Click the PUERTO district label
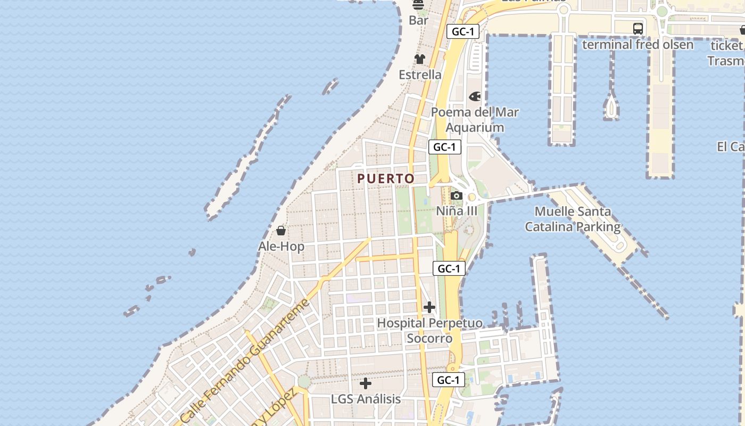click(386, 179)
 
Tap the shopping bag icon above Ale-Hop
click(281, 231)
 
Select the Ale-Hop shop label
click(281, 247)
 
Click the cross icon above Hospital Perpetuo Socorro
click(429, 307)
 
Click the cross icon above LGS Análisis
click(366, 383)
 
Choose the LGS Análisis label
click(366, 399)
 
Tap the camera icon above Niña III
click(457, 195)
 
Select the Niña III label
click(457, 211)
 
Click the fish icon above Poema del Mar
click(474, 96)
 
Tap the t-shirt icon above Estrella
click(420, 59)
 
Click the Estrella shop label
click(420, 75)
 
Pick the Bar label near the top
click(418, 21)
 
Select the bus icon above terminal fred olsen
click(638, 29)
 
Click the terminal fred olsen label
click(638, 45)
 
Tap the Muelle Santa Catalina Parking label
click(573, 219)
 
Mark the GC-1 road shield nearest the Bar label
click(462, 31)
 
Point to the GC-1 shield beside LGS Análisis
click(448, 380)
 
